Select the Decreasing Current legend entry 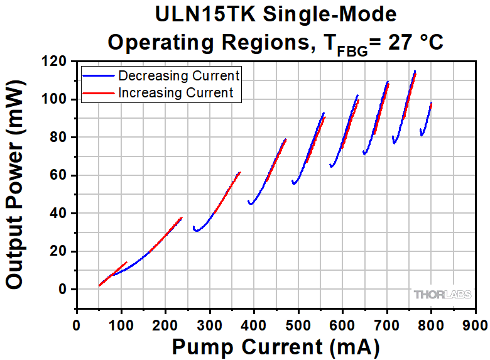coord(179,76)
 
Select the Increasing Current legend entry coord(176,93)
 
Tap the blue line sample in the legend coord(99,76)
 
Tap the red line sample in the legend coord(99,93)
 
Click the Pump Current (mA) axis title coord(276,346)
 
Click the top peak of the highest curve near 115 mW coord(415,71)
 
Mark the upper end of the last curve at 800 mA coord(432,103)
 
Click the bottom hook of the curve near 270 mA coord(197,231)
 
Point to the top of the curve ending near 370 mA coord(239,173)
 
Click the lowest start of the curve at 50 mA coord(99,285)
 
